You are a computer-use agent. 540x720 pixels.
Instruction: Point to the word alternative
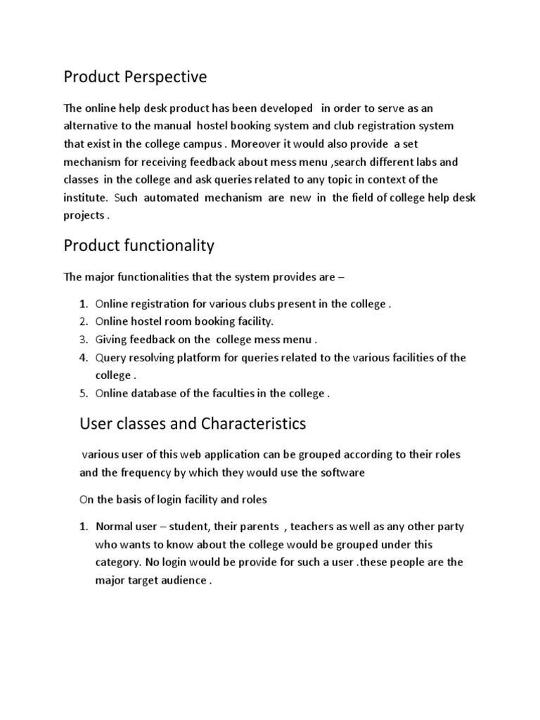pyautogui.click(x=95, y=126)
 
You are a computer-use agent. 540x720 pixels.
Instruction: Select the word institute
pyautogui.click(x=85, y=198)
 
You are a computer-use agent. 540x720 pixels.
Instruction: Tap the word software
pyautogui.click(x=343, y=472)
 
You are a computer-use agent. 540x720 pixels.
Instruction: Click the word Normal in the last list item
pyautogui.click(x=114, y=527)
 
